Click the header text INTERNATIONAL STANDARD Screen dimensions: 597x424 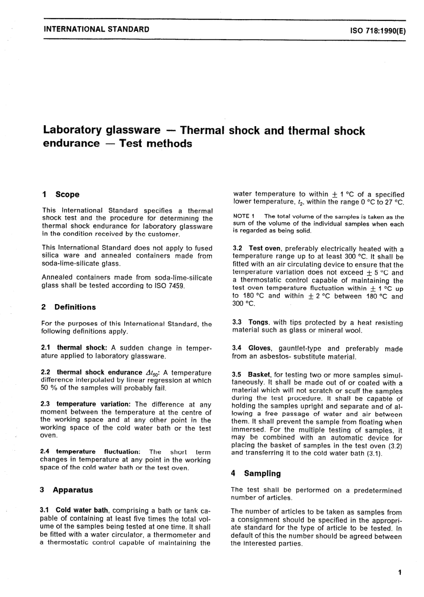(x=96, y=29)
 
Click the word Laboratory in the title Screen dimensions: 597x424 (x=72, y=130)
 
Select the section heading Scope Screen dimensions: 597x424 (x=67, y=194)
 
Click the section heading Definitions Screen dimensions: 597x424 (x=75, y=307)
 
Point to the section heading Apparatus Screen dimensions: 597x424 (x=73, y=490)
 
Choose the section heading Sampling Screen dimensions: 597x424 (x=262, y=473)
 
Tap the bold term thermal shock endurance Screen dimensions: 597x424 (x=99, y=372)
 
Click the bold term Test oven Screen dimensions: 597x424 (x=265, y=249)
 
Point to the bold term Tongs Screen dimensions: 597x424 (x=259, y=322)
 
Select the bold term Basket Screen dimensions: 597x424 (x=259, y=375)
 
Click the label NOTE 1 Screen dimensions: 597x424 (x=244, y=216)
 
